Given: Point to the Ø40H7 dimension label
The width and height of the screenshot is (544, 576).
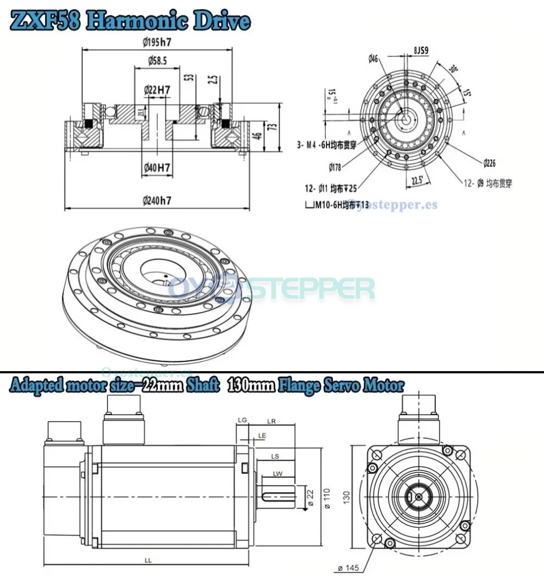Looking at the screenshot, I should [157, 167].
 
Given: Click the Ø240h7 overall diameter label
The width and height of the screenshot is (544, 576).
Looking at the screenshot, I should [156, 201].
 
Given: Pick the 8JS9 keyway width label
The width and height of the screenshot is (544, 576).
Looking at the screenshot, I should [420, 51].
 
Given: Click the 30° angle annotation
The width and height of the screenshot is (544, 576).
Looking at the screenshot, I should [453, 70].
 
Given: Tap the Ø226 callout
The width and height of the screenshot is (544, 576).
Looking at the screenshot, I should [490, 163].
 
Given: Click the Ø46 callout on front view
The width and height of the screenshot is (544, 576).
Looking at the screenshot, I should [373, 59].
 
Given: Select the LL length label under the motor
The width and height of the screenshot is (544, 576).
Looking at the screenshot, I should [148, 560].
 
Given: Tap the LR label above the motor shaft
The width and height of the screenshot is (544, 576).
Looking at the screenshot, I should [271, 422].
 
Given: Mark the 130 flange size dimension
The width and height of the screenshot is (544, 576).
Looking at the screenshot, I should [346, 496].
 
